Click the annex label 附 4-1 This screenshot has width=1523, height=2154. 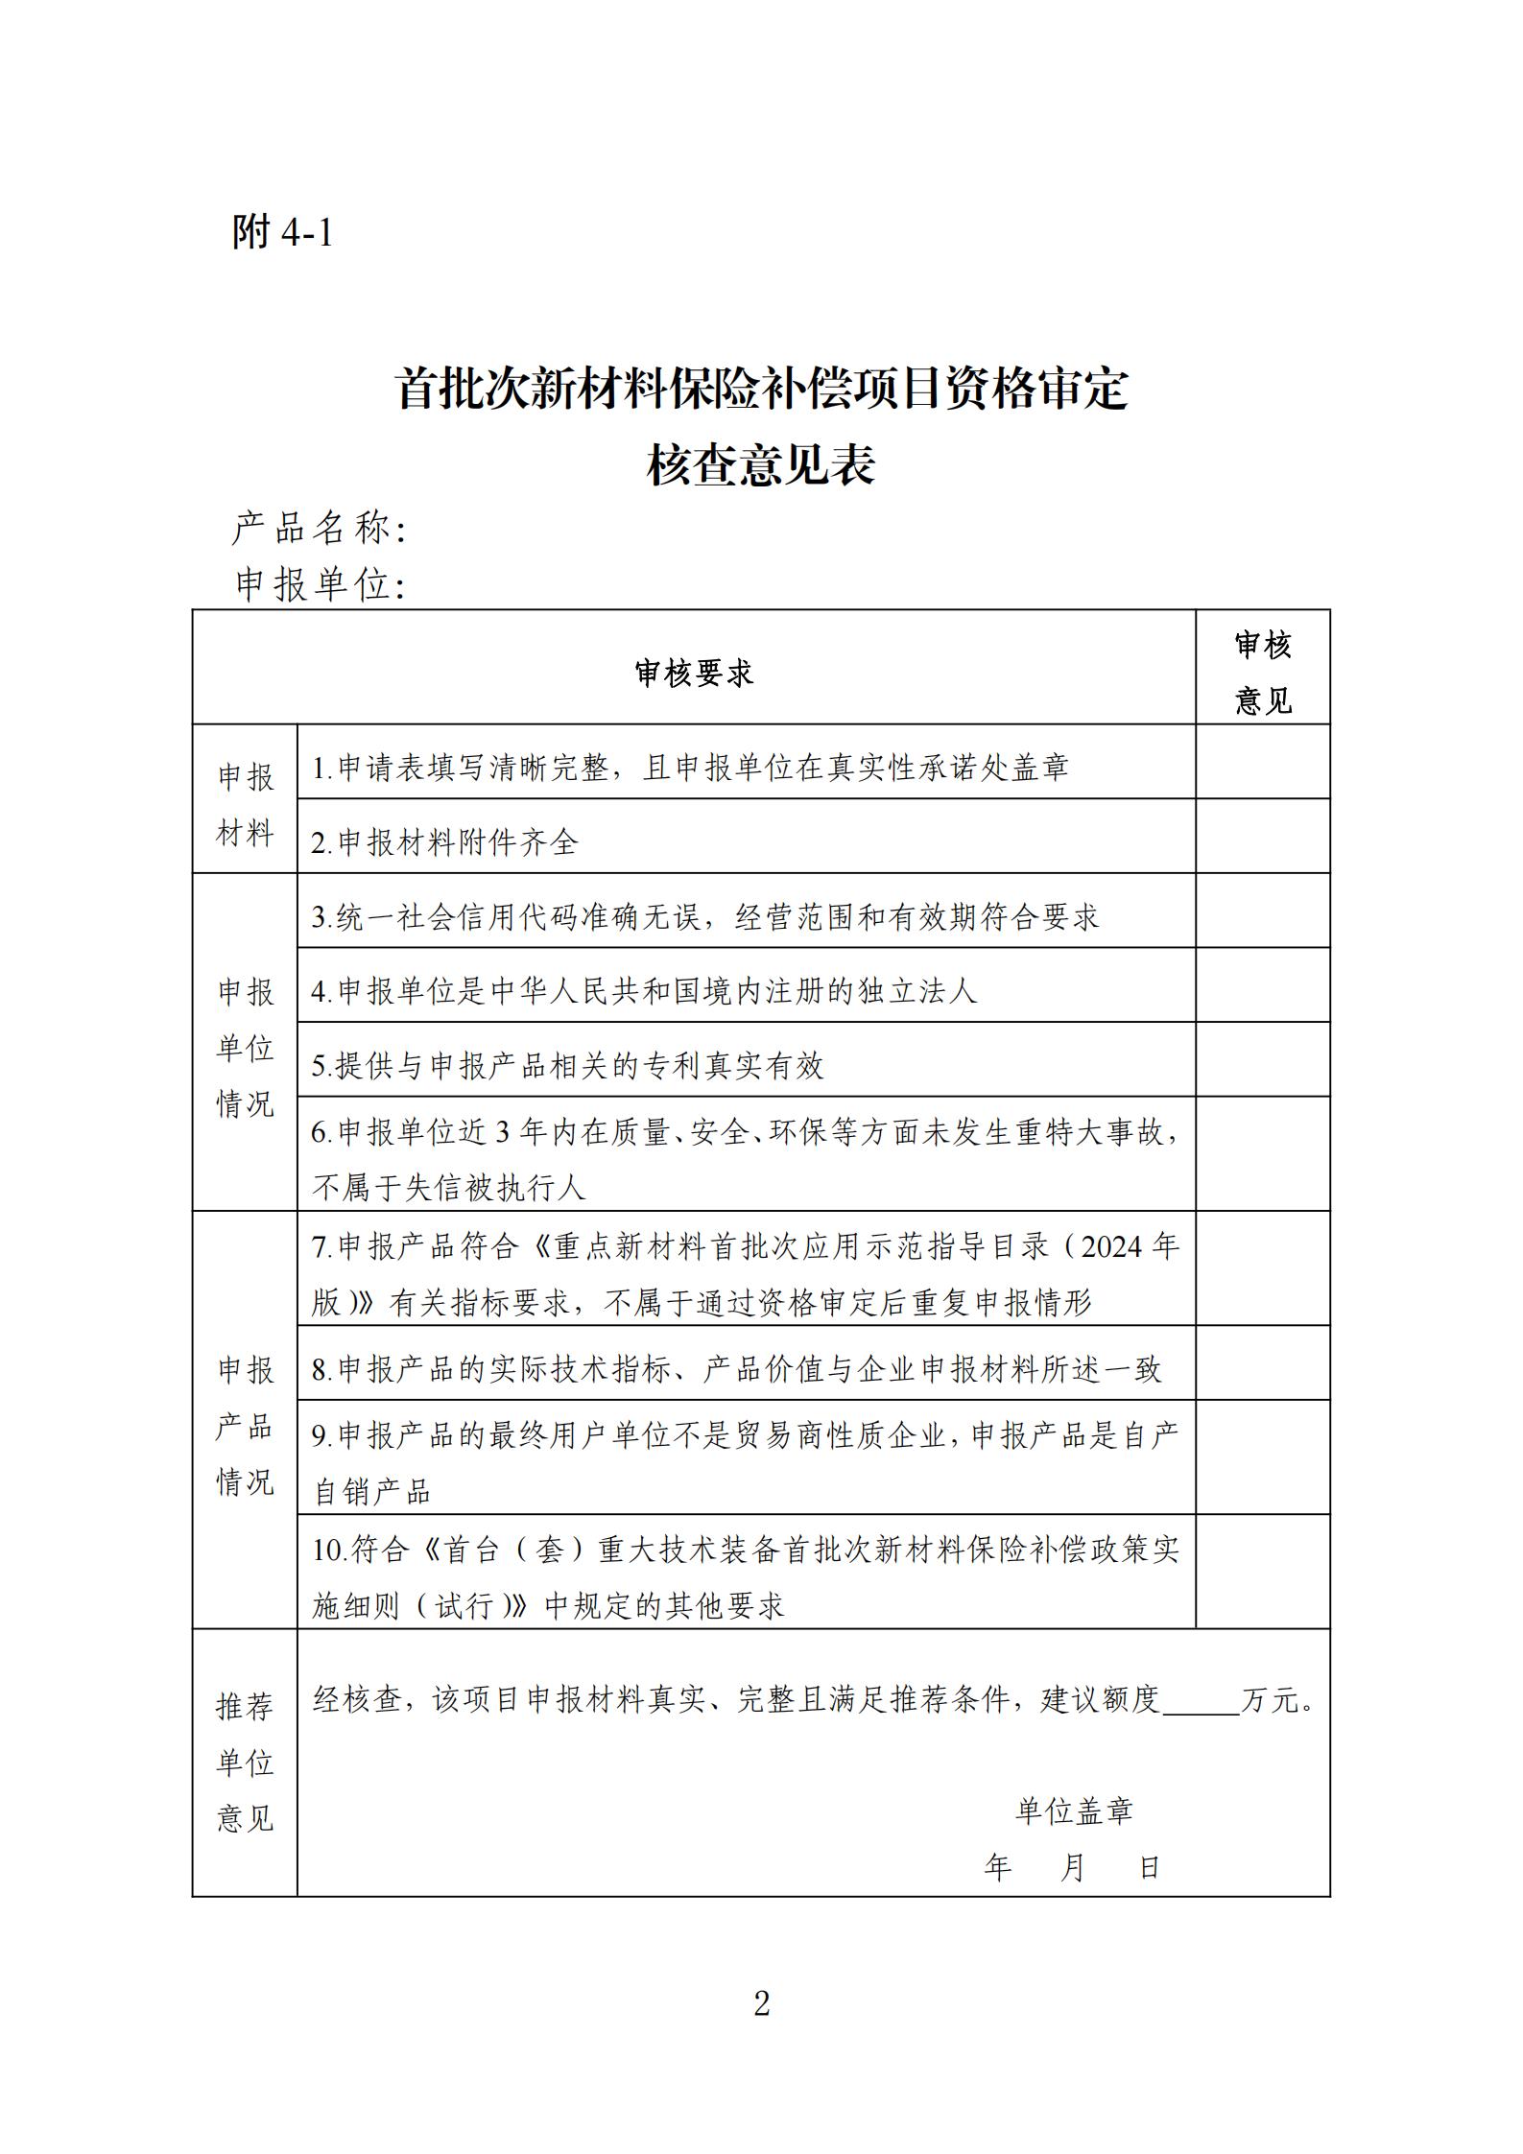click(x=282, y=231)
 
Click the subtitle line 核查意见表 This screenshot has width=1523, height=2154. click(x=760, y=467)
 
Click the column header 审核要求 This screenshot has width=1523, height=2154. click(x=694, y=674)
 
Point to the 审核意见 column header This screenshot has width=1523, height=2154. click(x=1262, y=673)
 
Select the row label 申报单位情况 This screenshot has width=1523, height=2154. click(x=246, y=1048)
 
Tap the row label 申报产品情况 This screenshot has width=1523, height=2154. click(x=246, y=1426)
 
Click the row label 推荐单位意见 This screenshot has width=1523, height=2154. click(x=246, y=1762)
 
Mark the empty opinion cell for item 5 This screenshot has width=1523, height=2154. click(x=1262, y=1059)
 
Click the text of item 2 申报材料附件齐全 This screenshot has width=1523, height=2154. click(x=445, y=842)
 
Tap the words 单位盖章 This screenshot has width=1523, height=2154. click(x=1074, y=1811)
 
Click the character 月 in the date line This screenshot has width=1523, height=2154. click(x=1073, y=1866)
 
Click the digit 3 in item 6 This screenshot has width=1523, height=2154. click(x=502, y=1133)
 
